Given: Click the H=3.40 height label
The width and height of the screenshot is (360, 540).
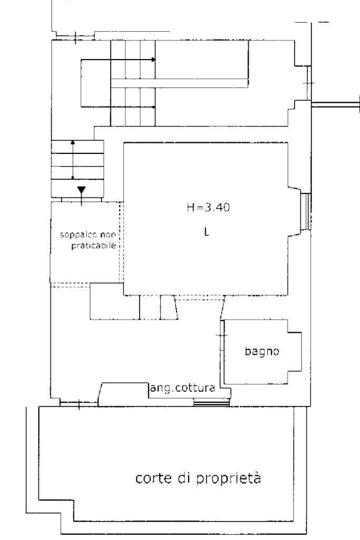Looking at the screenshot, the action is point(208,207).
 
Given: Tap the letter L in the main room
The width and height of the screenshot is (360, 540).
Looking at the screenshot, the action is point(207,232).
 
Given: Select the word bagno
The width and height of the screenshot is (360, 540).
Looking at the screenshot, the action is point(262,351).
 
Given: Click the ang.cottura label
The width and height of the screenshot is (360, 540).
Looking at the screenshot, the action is point(182,388).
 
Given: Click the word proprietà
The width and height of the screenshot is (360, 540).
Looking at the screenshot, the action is point(229,479).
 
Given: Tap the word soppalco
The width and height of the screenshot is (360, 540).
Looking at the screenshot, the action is point(79,236).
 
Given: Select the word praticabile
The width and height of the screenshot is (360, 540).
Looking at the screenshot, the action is point(94,246).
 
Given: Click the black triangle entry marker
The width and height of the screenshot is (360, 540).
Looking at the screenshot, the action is point(81,190).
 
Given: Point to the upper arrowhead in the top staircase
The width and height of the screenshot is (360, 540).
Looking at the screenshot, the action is point(153,60).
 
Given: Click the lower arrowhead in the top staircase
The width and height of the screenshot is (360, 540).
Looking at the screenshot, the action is point(153,107).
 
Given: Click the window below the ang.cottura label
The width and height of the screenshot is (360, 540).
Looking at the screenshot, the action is point(211,402).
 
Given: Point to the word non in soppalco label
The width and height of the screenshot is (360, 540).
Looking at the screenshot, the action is point(108,235).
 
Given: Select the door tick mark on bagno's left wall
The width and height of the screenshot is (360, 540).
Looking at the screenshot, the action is point(222,335).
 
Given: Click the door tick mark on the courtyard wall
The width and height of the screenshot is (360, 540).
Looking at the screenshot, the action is point(79,404).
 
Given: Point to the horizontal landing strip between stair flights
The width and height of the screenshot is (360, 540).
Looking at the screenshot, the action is point(179,83).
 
